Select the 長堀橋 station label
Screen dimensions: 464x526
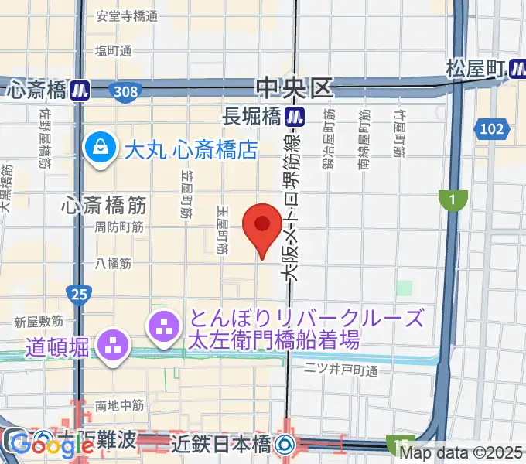(x=251, y=118)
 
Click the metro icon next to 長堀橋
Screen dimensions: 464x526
(x=293, y=118)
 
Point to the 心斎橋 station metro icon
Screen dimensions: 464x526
(x=80, y=90)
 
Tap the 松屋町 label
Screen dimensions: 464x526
(x=475, y=70)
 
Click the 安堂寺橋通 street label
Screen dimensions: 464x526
(x=127, y=16)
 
